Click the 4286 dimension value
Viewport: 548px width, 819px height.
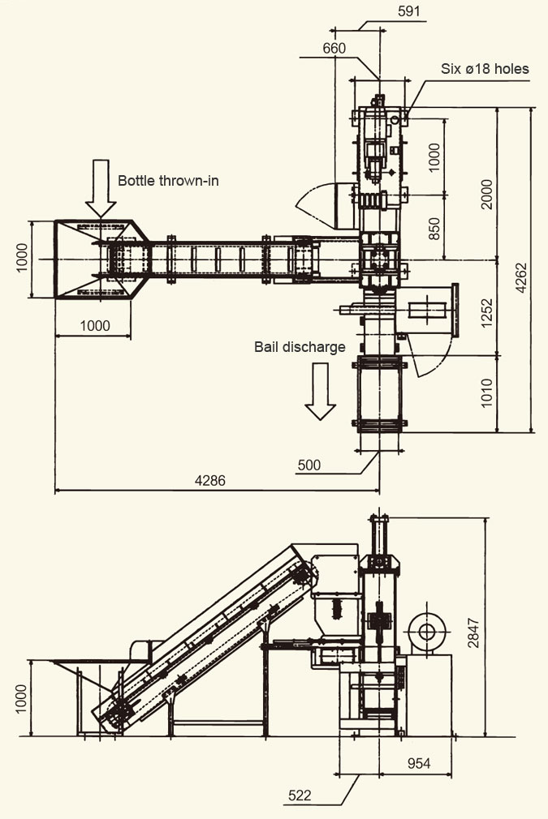(x=210, y=481)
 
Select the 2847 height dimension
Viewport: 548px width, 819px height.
(x=473, y=633)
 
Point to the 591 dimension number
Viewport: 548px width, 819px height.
(x=409, y=11)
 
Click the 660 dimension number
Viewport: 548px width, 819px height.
(x=334, y=48)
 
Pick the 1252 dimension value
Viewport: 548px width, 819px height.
(x=486, y=313)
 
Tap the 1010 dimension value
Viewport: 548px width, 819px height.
(x=486, y=392)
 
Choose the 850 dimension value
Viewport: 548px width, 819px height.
(x=434, y=229)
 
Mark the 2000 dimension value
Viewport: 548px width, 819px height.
(x=486, y=195)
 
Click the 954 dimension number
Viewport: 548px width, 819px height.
(x=419, y=764)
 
